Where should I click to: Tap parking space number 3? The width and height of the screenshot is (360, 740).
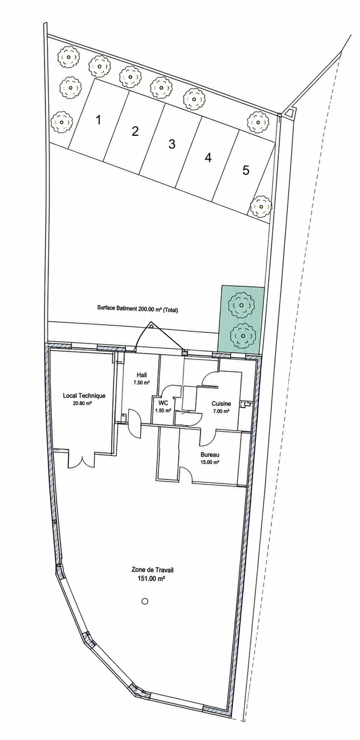coord(171,144)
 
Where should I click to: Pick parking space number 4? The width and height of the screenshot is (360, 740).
coord(208,158)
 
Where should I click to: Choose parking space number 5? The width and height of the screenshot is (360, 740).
coord(244,171)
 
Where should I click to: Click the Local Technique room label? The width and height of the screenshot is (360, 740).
coord(84,395)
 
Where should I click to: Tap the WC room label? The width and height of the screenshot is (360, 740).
coord(163,404)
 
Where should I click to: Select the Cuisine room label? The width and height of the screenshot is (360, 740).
coord(221,404)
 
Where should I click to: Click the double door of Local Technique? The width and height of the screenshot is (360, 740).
coord(81,461)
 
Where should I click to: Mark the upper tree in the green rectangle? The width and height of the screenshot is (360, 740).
coord(241,305)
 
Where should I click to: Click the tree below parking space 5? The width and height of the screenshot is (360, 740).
coord(261,206)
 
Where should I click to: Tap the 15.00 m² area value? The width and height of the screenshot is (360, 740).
coord(210,462)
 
